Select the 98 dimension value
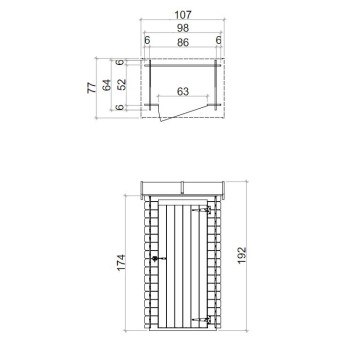(181, 28)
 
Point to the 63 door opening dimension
(183, 91)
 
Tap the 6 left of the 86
(146, 41)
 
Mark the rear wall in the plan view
(181, 61)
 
